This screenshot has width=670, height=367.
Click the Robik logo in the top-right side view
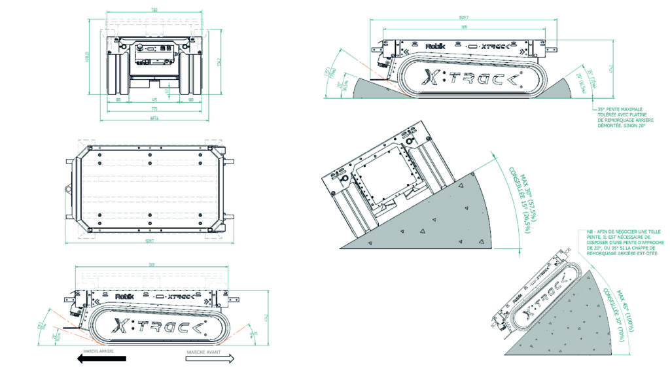(x=434, y=46)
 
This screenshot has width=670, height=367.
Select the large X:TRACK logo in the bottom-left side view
(x=160, y=325)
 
